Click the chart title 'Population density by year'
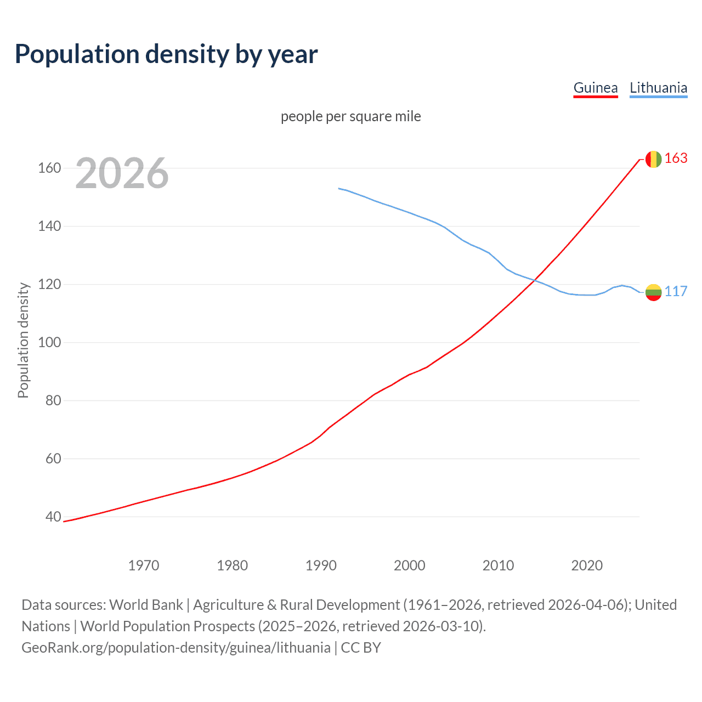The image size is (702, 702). pos(166,54)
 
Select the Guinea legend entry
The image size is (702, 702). pos(595,88)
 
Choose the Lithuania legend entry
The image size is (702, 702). pos(658,88)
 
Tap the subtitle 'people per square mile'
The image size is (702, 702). pos(350,116)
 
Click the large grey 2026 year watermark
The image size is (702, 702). pos(122,173)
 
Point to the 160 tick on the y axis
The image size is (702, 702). pos(49,168)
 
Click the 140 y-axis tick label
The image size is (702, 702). pos(49,226)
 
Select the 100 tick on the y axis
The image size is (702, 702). pos(49,342)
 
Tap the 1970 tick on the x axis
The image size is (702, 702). pos(144,565)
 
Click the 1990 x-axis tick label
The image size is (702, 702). pos(321,565)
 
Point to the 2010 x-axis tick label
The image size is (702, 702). pos(498,565)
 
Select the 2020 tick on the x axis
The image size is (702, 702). pos(587,565)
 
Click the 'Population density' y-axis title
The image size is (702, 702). pos(23,340)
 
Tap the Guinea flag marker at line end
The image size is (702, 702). pos(653,159)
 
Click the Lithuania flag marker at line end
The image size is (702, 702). pos(653,292)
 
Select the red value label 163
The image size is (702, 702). pos(676,158)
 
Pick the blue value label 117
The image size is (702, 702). pos(676,292)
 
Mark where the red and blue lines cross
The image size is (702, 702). pos(534,281)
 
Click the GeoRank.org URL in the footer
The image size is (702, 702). pos(176,648)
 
